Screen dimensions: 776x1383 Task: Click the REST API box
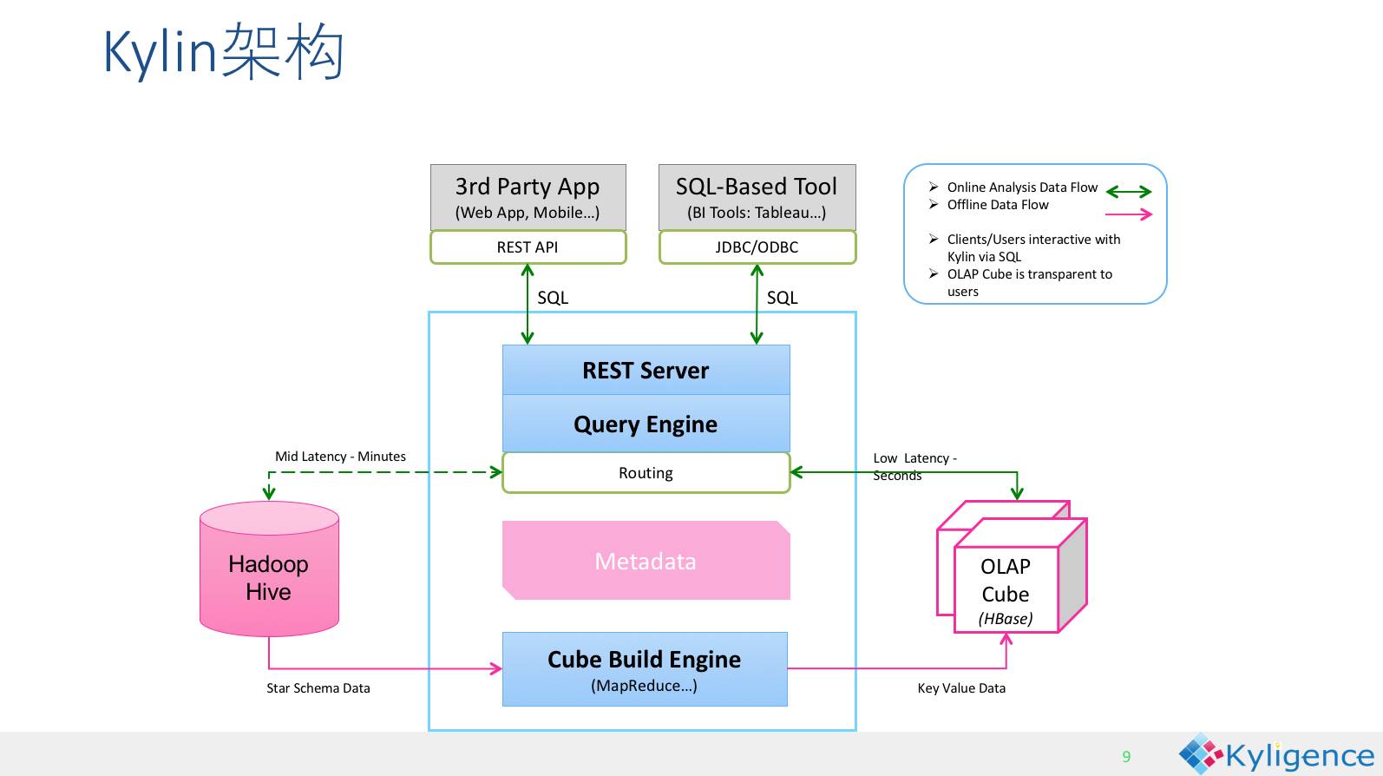528,247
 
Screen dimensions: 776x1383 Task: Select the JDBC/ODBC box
757,247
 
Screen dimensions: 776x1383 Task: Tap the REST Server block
646,371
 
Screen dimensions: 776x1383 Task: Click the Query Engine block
646,424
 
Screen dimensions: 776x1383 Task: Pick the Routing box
646,473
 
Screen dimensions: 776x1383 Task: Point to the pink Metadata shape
646,562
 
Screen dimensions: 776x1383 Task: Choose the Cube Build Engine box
645,669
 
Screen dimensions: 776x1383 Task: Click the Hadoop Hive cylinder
269,578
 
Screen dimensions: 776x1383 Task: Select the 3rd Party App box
528,197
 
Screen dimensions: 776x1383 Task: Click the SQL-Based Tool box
757,197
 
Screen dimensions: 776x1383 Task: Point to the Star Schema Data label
318,688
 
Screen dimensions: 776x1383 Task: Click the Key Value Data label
961,688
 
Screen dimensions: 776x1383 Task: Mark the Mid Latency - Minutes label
340,457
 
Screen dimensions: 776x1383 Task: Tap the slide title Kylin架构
224,52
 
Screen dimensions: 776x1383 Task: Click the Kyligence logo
1275,755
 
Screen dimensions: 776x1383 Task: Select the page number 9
1126,757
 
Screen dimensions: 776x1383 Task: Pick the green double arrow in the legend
1129,192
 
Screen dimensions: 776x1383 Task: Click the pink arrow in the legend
1129,214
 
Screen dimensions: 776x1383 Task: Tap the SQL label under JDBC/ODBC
782,298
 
